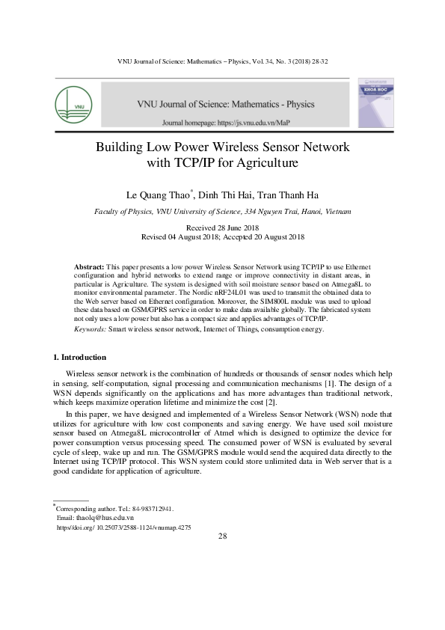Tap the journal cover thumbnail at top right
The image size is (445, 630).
coord(376,102)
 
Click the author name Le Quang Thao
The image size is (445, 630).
coord(159,195)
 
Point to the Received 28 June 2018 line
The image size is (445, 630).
coord(222,227)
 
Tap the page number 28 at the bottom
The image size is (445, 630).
coord(222,537)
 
